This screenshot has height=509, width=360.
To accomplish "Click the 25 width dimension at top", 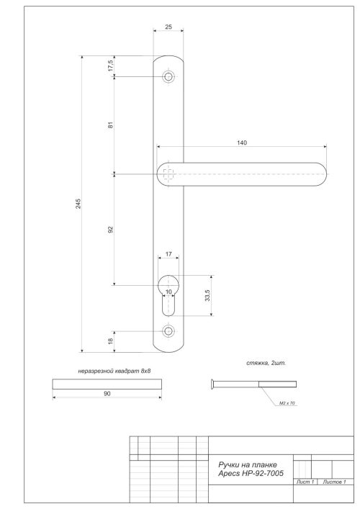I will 168,27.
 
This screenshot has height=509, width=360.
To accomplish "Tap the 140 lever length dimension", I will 241,143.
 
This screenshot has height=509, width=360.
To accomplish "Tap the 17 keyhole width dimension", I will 168,254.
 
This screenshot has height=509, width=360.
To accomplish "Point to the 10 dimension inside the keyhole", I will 168,292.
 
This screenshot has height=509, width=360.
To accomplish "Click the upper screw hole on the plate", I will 168,76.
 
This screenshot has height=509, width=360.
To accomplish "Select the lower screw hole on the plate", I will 168,331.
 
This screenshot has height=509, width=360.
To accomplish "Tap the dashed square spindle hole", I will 168,174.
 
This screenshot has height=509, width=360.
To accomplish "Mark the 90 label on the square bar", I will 107,395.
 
